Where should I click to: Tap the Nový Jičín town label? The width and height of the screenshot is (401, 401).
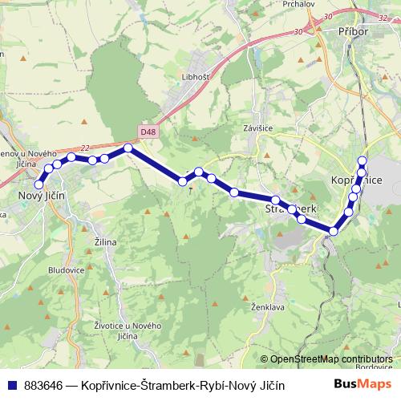coord(43,196)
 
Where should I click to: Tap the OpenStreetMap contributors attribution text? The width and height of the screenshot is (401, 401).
coord(331,358)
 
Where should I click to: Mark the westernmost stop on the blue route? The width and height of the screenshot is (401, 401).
coord(38,185)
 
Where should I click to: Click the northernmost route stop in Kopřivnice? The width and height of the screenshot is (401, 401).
coord(363,160)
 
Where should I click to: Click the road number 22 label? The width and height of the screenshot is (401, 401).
coord(86,148)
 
